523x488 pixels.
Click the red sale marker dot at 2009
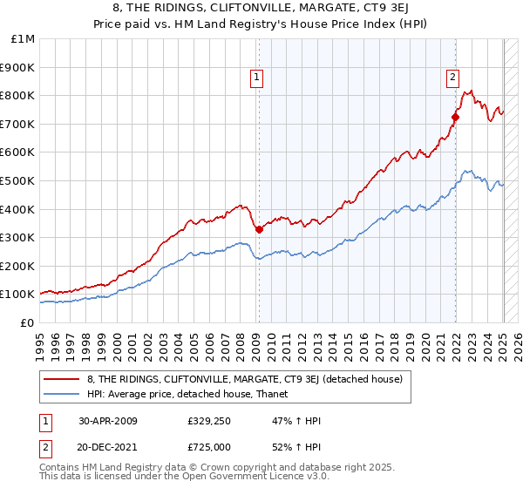coord(259,229)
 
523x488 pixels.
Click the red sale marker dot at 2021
coord(455,116)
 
